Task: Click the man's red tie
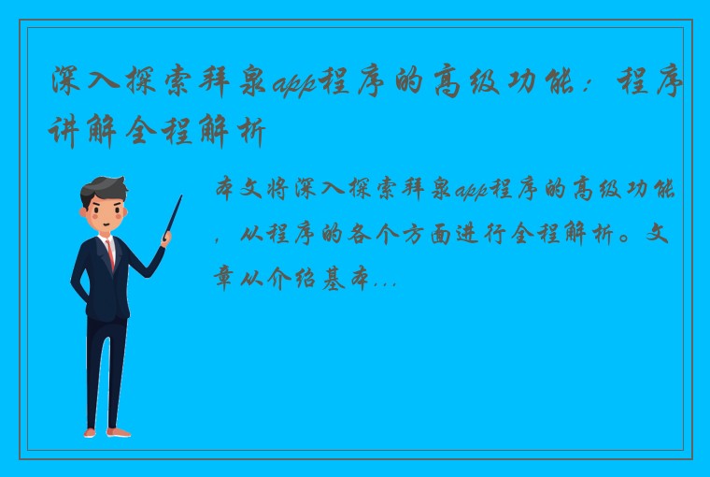coord(110,254)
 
